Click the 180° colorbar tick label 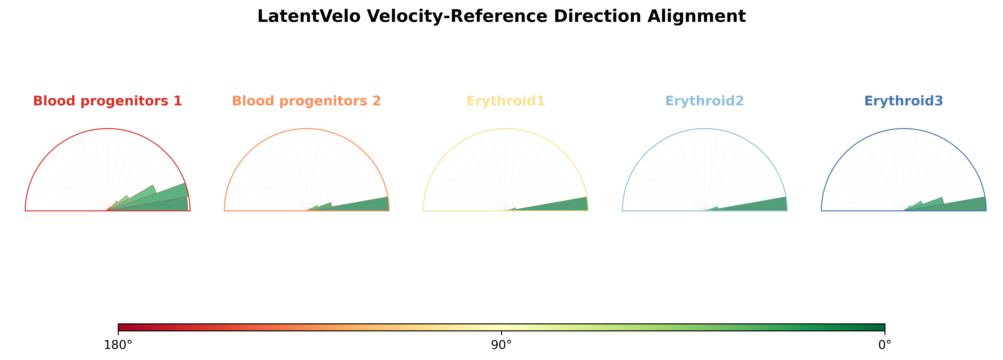(x=118, y=345)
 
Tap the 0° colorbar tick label (x=885, y=345)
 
